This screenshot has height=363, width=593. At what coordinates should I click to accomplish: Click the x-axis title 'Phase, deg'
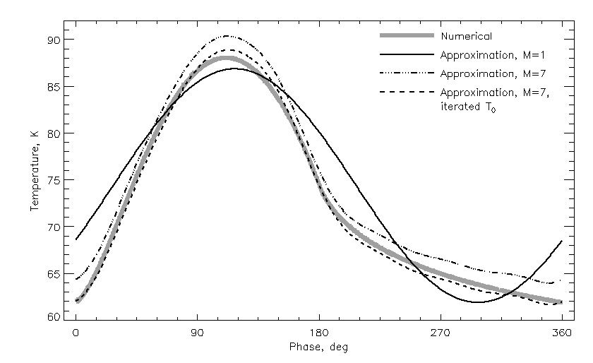[x=318, y=347]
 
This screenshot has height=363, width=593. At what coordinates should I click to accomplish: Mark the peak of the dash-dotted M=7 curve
[x=227, y=35]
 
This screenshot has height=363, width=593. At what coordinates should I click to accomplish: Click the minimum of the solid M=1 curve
[x=479, y=302]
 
